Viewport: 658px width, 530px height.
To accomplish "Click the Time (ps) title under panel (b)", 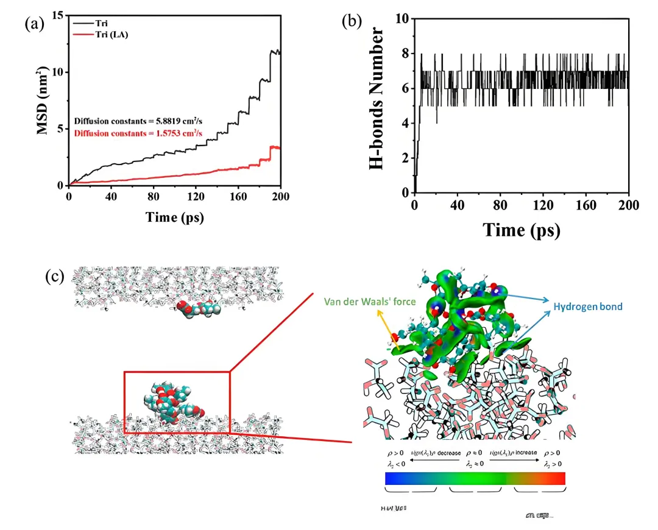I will point(522,230).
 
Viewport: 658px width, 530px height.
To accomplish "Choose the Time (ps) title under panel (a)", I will point(174,217).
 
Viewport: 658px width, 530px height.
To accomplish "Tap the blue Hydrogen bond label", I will point(587,306).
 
